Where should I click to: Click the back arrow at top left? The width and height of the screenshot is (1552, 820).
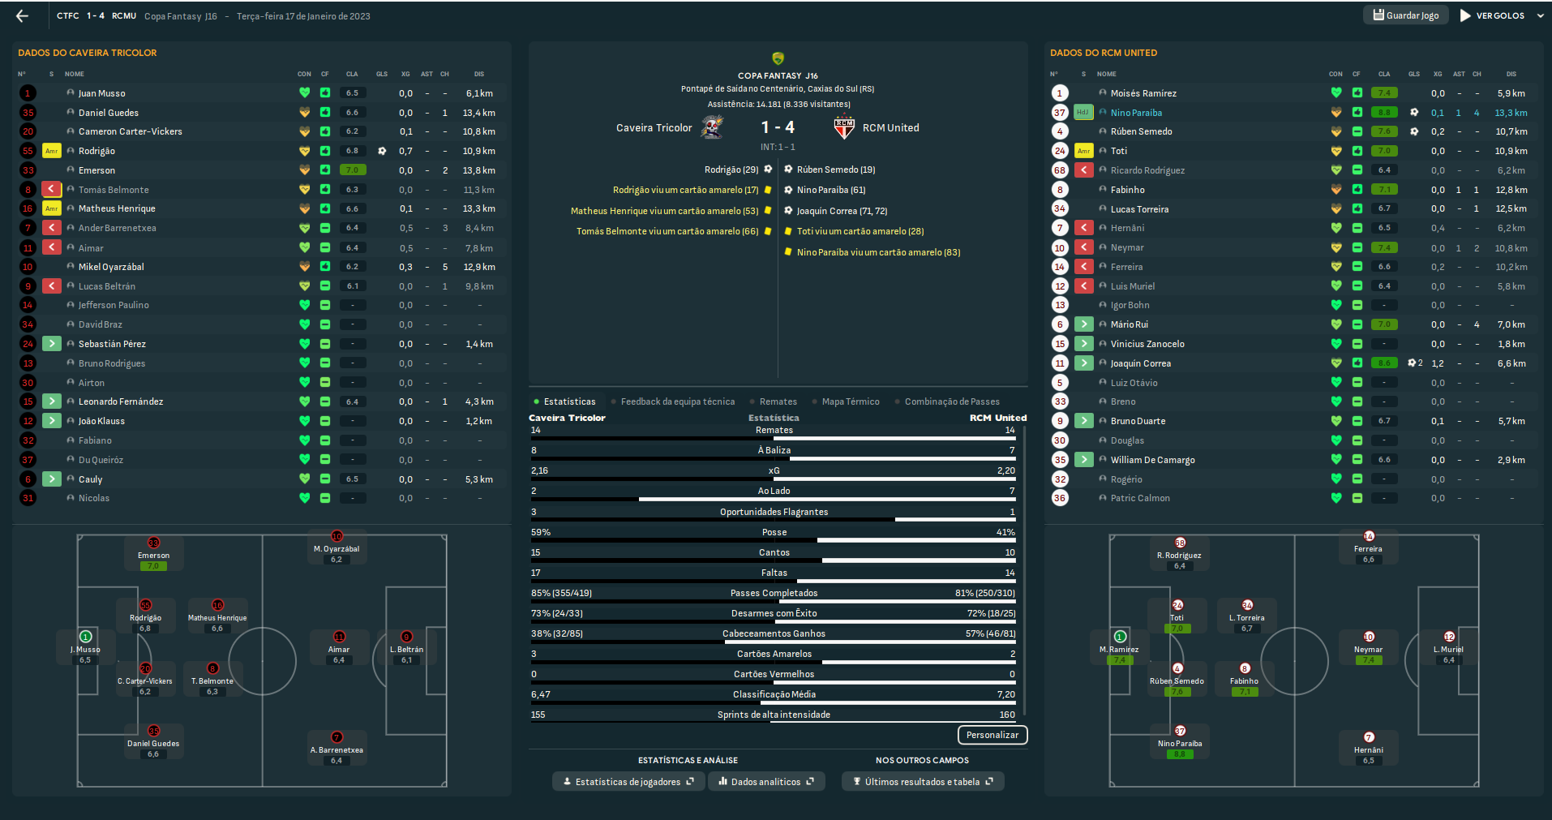(x=22, y=15)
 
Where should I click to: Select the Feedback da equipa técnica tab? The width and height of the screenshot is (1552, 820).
(x=677, y=401)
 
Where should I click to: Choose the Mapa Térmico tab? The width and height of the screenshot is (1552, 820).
(x=850, y=401)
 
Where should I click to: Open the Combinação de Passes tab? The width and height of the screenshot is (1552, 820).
(x=951, y=401)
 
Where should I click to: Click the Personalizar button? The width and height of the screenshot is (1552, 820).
(x=992, y=735)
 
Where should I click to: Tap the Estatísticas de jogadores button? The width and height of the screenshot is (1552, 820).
(x=627, y=782)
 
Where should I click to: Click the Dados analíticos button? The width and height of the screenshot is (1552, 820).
(x=765, y=782)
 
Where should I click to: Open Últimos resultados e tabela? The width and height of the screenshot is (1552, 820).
(x=922, y=782)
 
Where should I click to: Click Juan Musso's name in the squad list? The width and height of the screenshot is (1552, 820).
(x=102, y=93)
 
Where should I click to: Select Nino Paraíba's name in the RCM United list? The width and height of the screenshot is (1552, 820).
(x=1136, y=113)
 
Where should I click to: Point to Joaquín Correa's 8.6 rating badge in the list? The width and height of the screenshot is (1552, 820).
(x=1384, y=363)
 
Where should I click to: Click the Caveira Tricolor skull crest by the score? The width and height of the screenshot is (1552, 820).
(x=712, y=127)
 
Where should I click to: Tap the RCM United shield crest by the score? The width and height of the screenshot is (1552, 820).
(x=844, y=127)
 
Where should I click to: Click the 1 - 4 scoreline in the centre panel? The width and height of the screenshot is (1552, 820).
(x=778, y=127)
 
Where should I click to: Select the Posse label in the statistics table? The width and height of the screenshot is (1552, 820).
(x=774, y=532)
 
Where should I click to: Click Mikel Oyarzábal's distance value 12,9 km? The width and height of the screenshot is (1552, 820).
(x=479, y=267)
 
